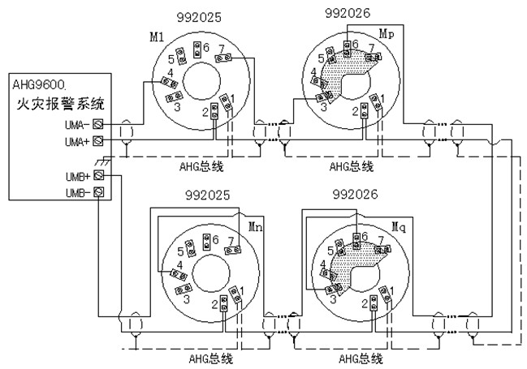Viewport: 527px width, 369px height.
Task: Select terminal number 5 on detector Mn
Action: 181,251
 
